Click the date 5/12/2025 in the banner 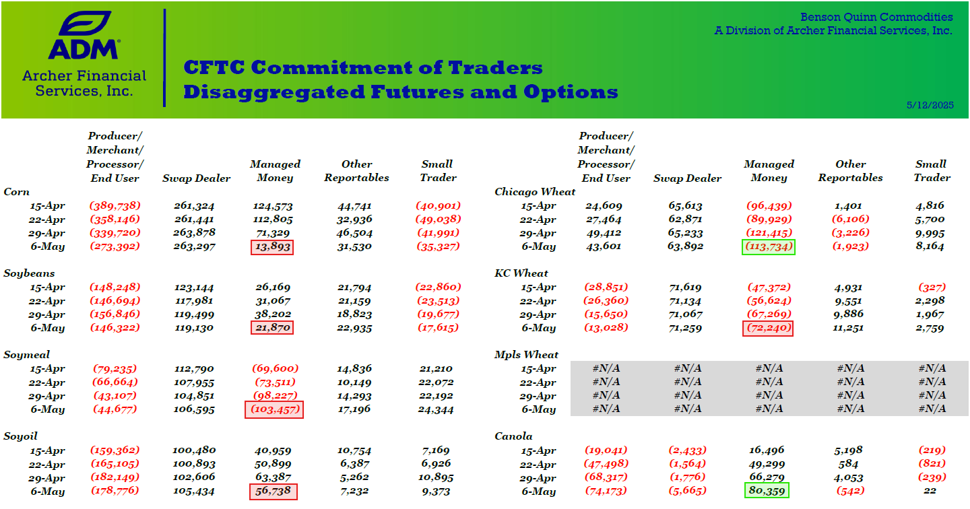click(930, 105)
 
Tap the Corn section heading click(16, 192)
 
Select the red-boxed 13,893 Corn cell click(272, 247)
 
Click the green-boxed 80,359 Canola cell click(767, 491)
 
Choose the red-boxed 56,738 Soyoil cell click(273, 491)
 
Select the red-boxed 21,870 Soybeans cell click(272, 328)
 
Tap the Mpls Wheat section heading click(526, 355)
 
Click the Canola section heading click(513, 436)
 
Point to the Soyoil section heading click(20, 436)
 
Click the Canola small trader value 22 click(930, 491)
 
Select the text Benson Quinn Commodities click(876, 17)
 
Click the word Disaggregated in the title click(274, 92)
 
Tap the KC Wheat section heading click(521, 273)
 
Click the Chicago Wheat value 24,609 click(604, 206)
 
